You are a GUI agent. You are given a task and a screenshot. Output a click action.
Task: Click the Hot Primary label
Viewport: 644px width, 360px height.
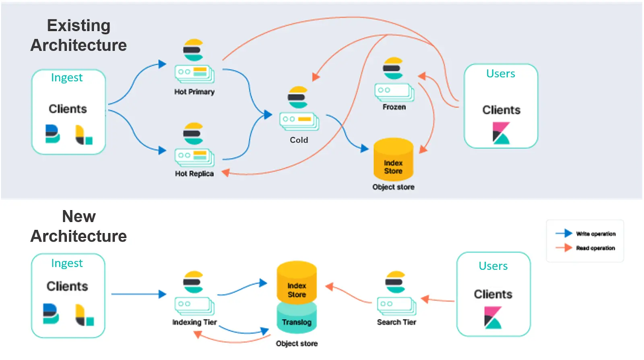(x=194, y=92)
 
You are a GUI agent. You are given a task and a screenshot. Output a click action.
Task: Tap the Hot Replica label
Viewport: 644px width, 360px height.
(x=194, y=174)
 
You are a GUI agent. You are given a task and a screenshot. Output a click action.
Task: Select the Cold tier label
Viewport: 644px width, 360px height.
(x=299, y=140)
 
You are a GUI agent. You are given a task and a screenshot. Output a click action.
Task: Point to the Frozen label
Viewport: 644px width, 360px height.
(x=394, y=107)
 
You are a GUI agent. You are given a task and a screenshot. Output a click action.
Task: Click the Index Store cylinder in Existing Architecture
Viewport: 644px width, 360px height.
(x=393, y=161)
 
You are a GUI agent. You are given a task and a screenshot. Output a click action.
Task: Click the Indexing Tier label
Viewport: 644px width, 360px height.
(x=194, y=322)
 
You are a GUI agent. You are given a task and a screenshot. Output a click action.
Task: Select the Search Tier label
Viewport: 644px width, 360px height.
(x=396, y=322)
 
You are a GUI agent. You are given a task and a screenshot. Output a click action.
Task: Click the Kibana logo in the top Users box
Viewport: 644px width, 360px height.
(x=501, y=133)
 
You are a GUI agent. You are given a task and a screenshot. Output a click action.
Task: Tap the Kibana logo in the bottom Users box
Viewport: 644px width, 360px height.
(x=493, y=317)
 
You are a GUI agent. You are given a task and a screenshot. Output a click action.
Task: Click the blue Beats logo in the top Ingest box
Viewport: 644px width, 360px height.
(x=52, y=134)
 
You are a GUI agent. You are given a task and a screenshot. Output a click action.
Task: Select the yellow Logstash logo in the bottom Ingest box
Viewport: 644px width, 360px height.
(x=84, y=315)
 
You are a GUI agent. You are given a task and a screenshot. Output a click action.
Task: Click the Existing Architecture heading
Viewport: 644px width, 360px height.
(x=78, y=35)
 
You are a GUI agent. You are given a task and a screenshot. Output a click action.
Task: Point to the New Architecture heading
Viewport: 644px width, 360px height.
(x=78, y=226)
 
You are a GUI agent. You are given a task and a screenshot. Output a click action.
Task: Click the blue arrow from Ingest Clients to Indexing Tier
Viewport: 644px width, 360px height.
(x=137, y=294)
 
